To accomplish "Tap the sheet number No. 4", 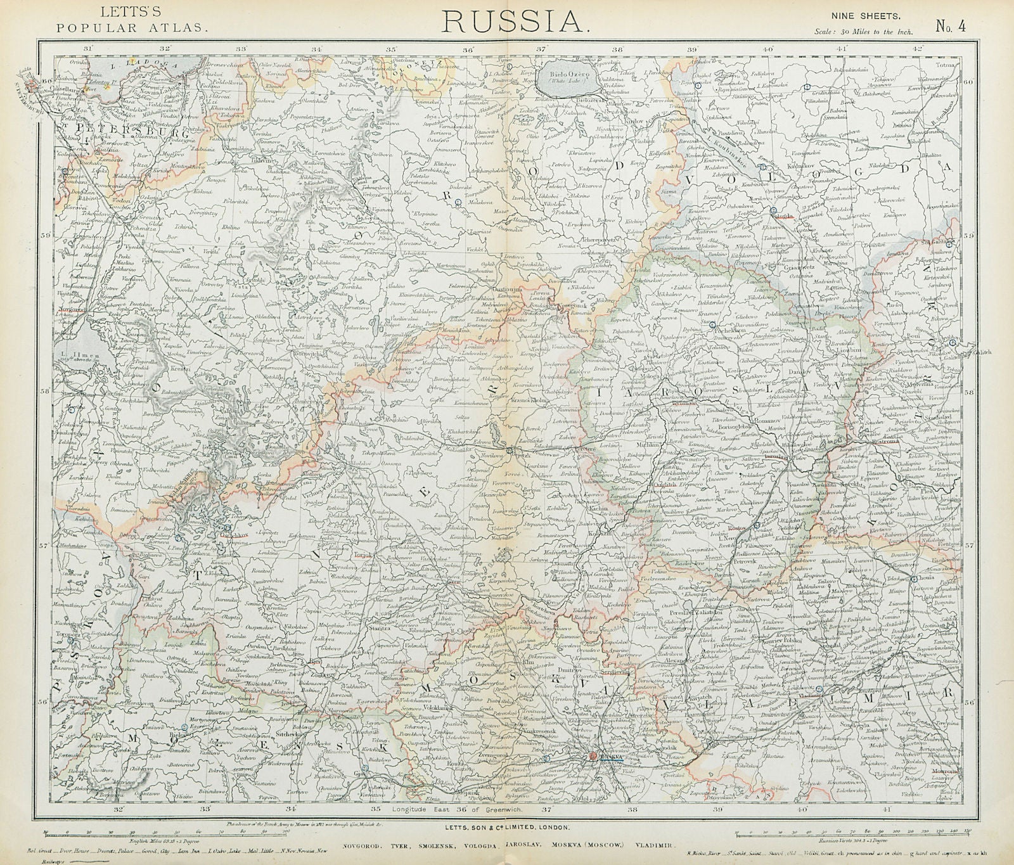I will pyautogui.click(x=949, y=26).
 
